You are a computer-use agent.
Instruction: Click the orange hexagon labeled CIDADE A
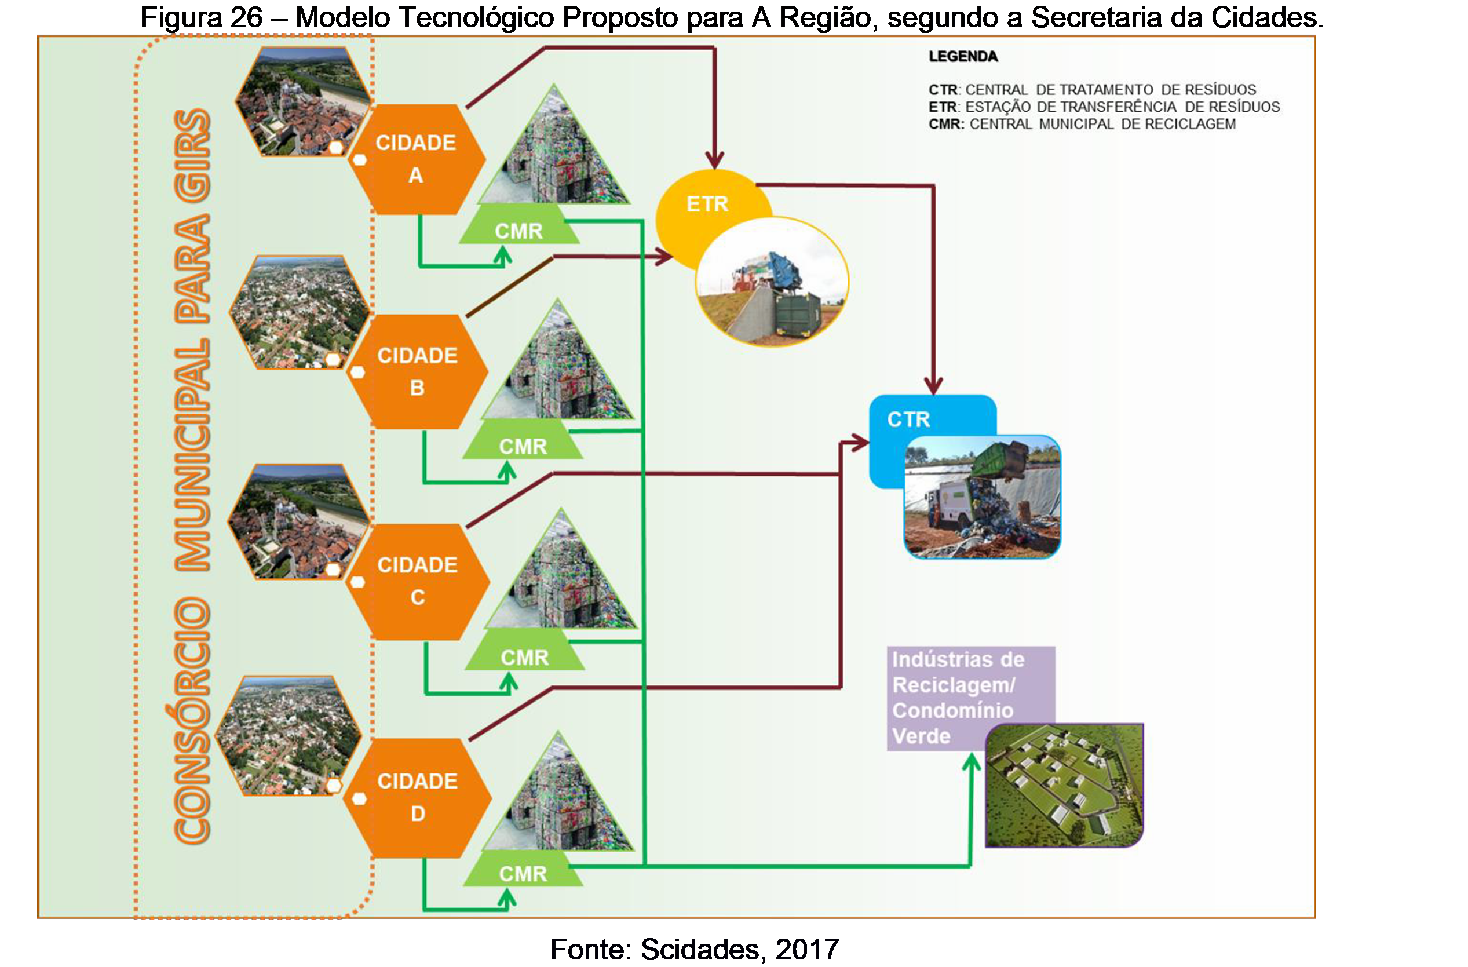pos(417,159)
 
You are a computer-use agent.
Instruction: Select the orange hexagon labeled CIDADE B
pos(418,371)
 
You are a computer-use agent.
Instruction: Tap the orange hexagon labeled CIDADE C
pos(418,581)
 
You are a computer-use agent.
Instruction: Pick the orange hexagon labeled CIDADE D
pos(418,797)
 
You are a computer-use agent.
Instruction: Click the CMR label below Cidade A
pos(518,231)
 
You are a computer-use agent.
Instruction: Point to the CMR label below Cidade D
pos(523,873)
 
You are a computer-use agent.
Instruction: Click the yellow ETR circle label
pos(707,204)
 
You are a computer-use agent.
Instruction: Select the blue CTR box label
pos(908,419)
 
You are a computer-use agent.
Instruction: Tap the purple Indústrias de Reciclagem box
pos(958,697)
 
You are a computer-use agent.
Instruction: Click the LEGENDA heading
pos(963,57)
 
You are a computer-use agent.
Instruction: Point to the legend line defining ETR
pos(1104,107)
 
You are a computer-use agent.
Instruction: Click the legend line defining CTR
pos(1092,89)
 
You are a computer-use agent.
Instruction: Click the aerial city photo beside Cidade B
pos(299,313)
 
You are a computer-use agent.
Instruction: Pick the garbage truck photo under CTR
pos(982,497)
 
